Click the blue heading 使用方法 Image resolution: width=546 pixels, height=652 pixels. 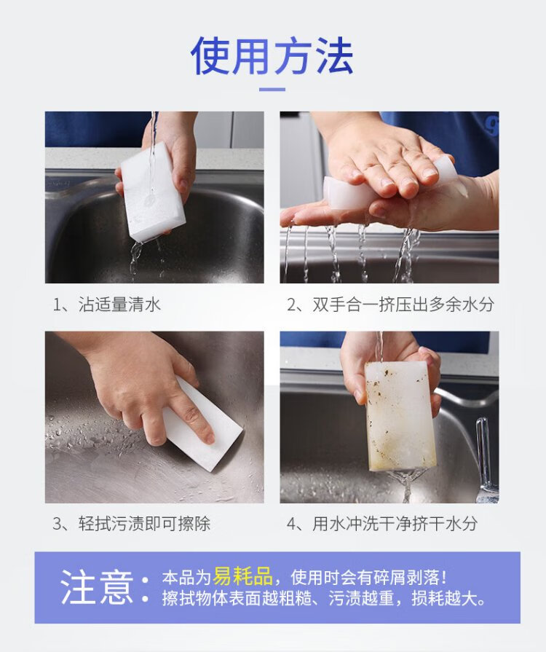pos(272,55)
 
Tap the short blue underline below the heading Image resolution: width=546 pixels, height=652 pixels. pos(272,90)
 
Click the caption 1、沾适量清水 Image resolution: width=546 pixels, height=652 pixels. pos(106,305)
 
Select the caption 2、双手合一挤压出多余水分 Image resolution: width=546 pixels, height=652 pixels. pos(390,305)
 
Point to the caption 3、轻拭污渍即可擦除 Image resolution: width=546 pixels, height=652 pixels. pos(131,524)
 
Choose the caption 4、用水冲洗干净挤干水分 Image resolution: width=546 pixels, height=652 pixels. pos(382,524)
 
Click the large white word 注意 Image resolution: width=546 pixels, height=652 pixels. pos(97,586)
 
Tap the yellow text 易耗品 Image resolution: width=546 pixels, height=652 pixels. pos(242,576)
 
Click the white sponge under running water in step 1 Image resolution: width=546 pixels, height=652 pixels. pos(153,192)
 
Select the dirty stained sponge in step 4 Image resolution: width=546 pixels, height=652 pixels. pos(400,416)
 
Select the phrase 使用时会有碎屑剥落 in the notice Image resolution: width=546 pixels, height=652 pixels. pos(365,577)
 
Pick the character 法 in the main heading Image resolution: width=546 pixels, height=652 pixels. pos(333,55)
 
